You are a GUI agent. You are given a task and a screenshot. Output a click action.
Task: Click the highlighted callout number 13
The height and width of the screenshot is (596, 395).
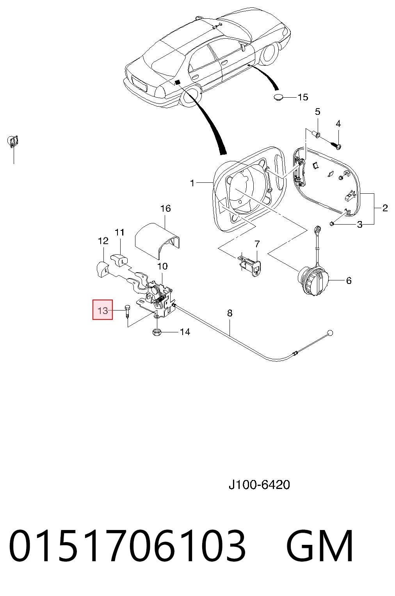103,310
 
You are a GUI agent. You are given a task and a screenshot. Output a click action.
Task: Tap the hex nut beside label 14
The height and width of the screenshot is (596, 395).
157,332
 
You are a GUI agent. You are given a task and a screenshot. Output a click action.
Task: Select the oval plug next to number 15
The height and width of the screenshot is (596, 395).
279,97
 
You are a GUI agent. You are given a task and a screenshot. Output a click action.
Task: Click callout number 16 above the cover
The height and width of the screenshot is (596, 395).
165,208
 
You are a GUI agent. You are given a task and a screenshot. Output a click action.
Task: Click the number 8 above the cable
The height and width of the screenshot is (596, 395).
230,313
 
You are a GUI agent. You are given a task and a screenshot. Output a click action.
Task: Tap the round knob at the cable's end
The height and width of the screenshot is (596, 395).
329,332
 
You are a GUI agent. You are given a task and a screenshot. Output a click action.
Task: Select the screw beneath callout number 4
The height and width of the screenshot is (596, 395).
335,145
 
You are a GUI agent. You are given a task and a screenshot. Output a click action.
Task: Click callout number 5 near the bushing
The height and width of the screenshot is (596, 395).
318,112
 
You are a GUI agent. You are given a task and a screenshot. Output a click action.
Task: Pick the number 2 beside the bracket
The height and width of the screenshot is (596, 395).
385,208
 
